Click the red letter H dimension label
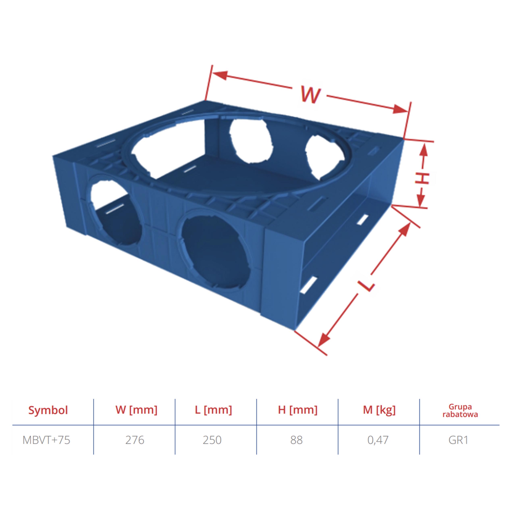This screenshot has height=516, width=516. pos(422,178)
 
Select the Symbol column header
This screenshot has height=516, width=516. pos(48,410)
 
